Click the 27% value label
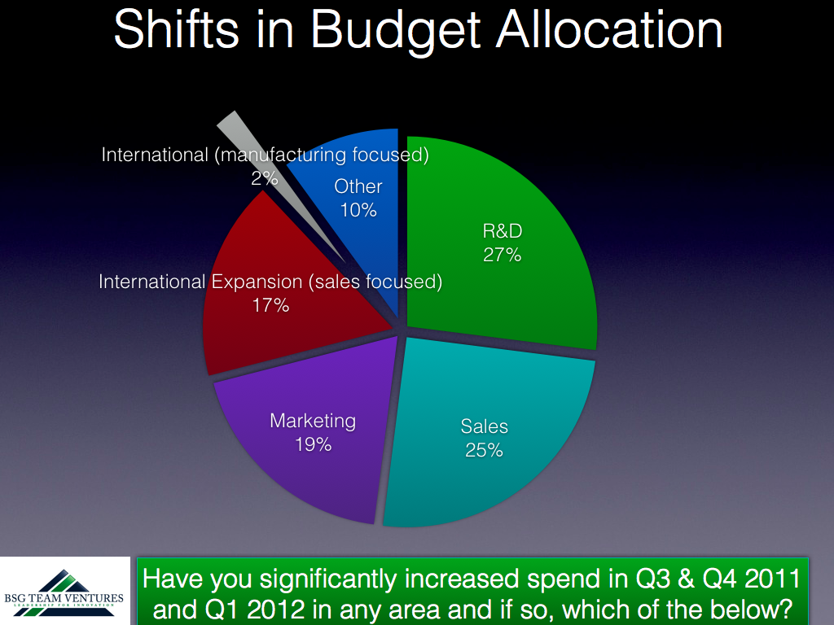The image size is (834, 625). tap(502, 255)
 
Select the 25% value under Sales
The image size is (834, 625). tap(484, 450)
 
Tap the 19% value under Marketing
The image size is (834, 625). tap(314, 444)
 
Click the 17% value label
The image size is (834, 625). tap(270, 305)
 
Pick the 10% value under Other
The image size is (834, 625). tap(358, 210)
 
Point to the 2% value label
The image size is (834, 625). tap(265, 178)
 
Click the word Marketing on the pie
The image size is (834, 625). tap(313, 421)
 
